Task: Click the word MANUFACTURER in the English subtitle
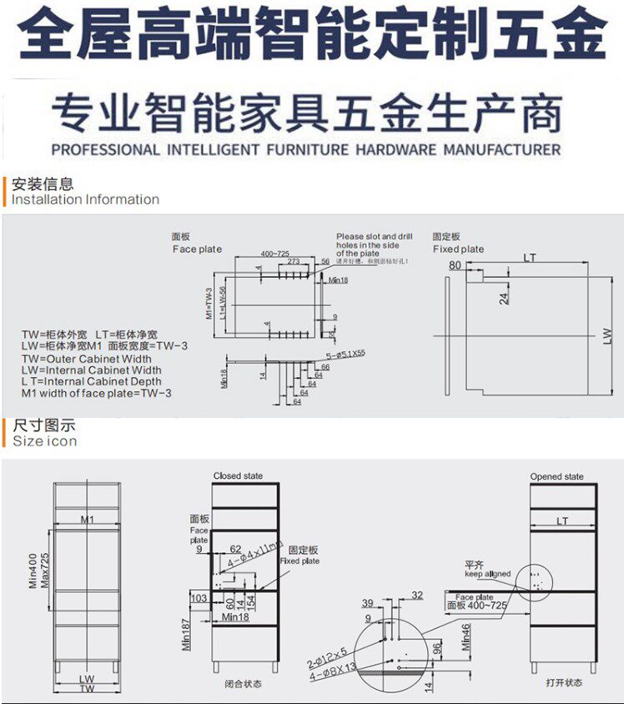pos(501,150)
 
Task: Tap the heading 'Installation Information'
pos(85,199)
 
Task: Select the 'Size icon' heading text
pos(44,441)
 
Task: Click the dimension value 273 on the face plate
pos(293,261)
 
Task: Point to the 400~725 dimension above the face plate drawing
pos(274,253)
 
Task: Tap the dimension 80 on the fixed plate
pos(455,265)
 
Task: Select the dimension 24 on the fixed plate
pos(505,297)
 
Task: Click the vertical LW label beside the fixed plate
pos(607,335)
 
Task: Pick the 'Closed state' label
pos(238,476)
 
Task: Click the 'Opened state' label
pos(557,477)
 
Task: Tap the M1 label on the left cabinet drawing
pos(87,520)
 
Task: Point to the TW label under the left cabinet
pos(87,689)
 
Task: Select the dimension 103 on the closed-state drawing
pos(199,599)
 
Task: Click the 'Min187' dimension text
pos(186,635)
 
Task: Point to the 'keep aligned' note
pos(487,574)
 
